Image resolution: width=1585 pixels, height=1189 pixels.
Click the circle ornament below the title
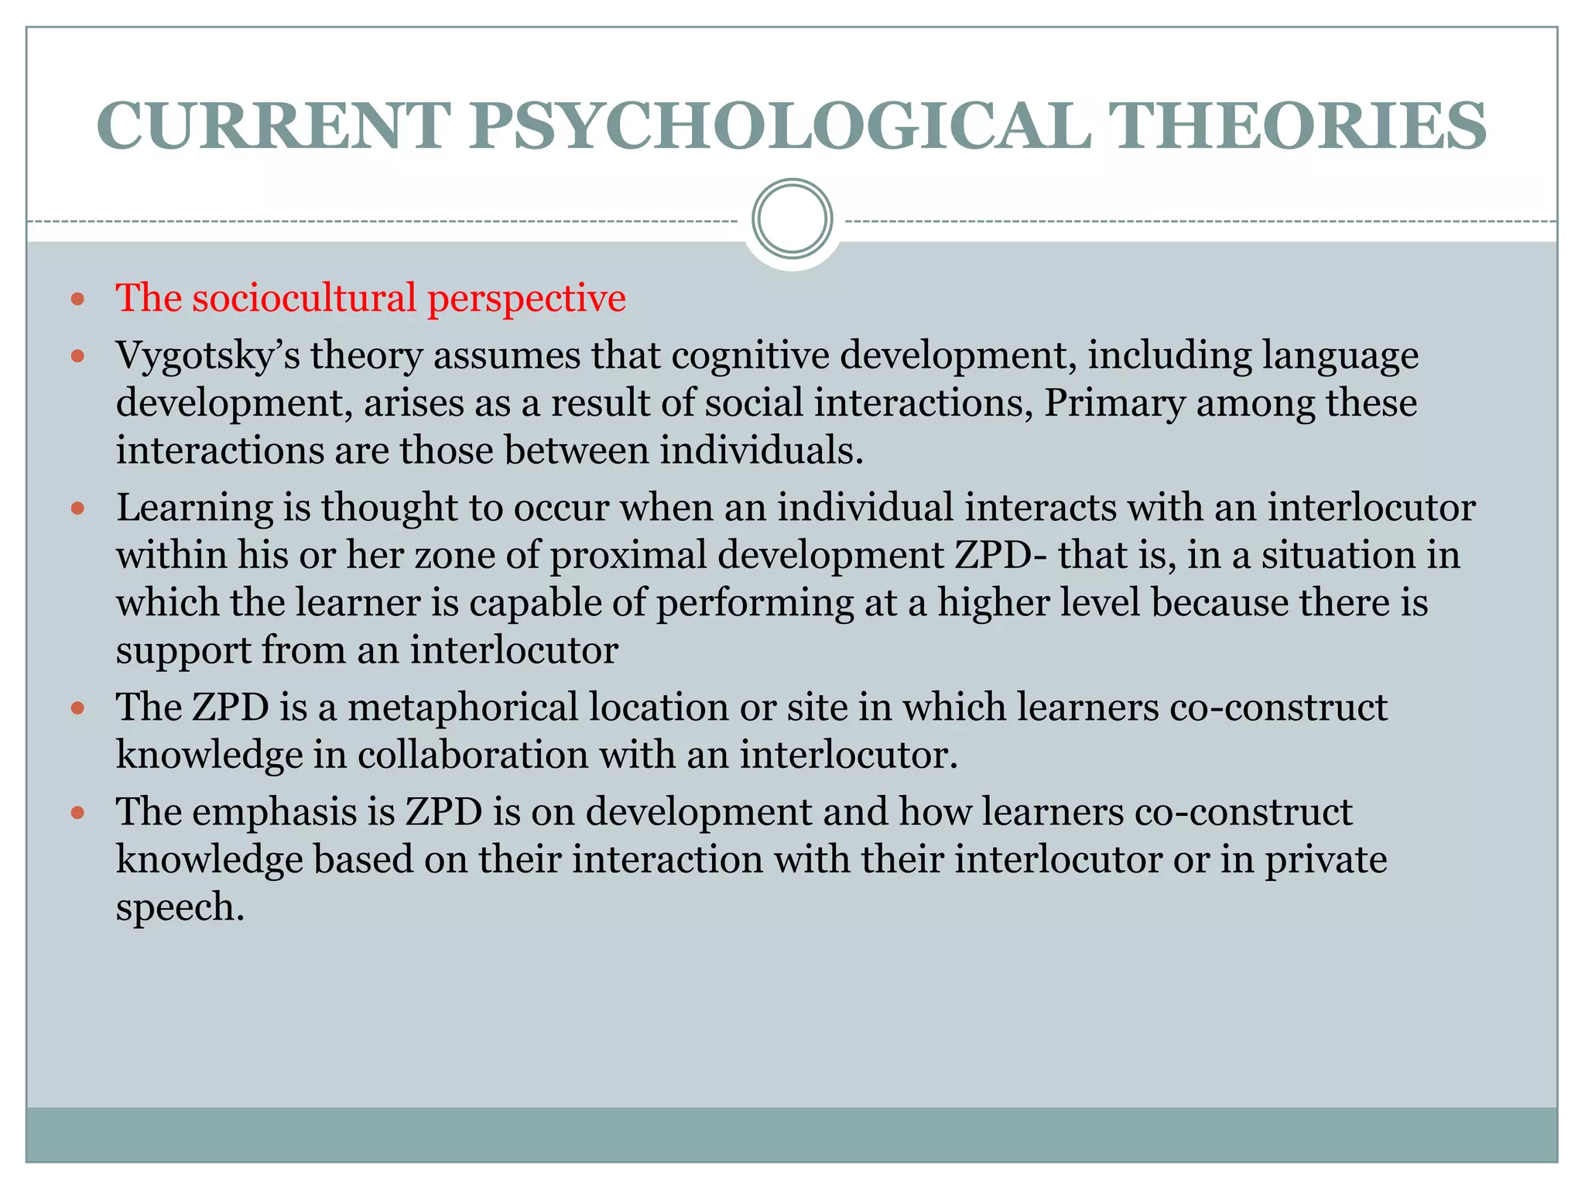[792, 219]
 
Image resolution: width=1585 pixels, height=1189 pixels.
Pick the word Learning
[194, 509]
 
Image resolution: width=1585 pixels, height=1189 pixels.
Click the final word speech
[180, 908]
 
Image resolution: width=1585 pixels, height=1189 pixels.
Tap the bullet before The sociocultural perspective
[77, 299]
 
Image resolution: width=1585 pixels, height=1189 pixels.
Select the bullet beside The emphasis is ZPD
[77, 813]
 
